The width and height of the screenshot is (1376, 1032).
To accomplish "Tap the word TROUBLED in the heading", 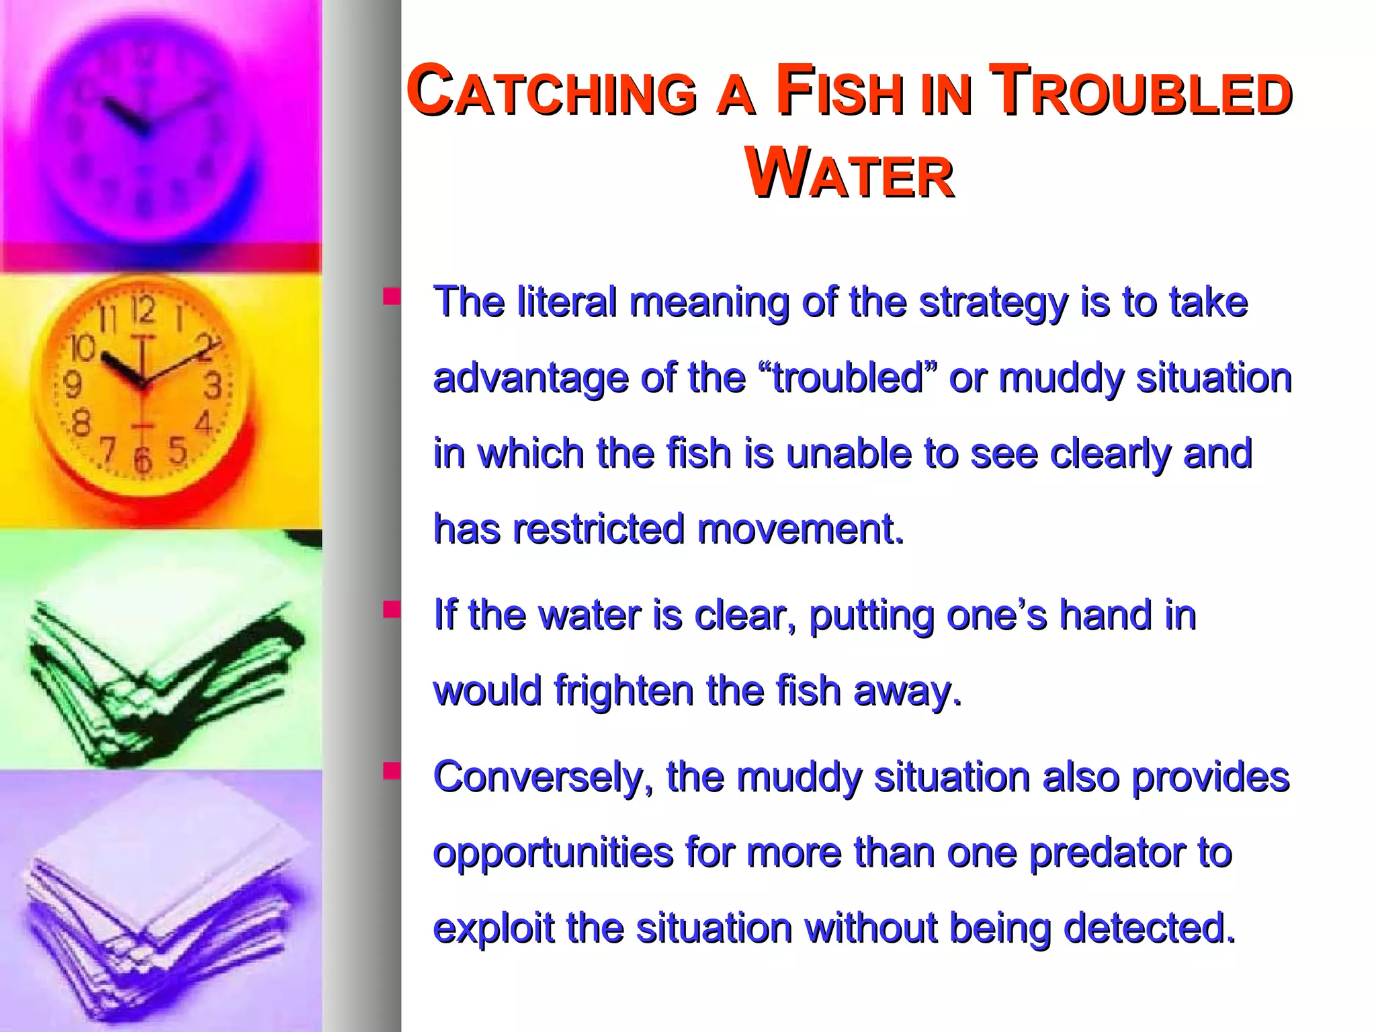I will pos(1142,91).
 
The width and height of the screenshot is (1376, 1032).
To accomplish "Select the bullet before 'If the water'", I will pos(391,609).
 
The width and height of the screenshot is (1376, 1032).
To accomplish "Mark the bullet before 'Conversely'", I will pos(391,771).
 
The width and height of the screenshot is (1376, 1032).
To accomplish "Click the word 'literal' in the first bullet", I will pos(566,302).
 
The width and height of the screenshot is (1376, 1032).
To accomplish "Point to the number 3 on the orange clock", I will pos(213,386).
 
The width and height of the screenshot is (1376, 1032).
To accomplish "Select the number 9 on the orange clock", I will pos(72,385).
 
